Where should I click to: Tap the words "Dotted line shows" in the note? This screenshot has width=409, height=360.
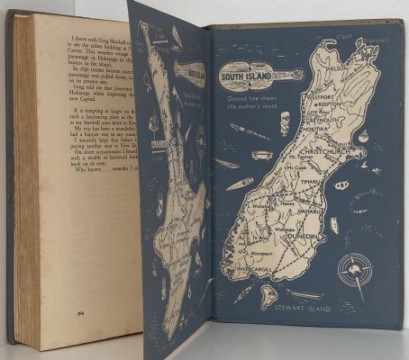(x=247, y=97)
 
